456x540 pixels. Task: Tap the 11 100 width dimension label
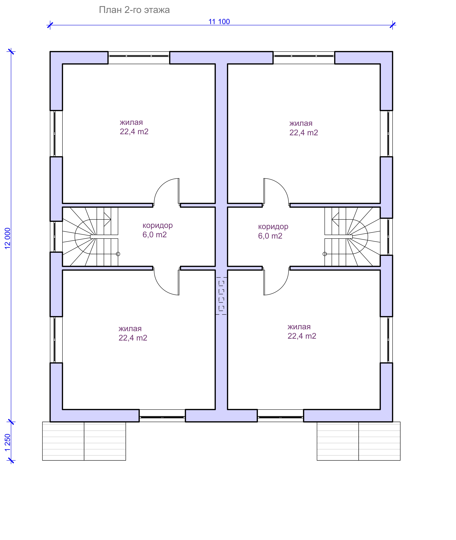(x=219, y=22)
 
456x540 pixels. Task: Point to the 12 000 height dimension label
(x=8, y=238)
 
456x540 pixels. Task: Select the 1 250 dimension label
(x=8, y=442)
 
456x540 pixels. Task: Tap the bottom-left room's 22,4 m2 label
(x=133, y=338)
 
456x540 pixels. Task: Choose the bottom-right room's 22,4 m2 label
(x=302, y=336)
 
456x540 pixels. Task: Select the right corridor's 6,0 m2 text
(x=270, y=236)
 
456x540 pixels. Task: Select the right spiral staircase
(x=352, y=236)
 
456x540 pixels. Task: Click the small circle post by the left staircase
(x=118, y=254)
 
